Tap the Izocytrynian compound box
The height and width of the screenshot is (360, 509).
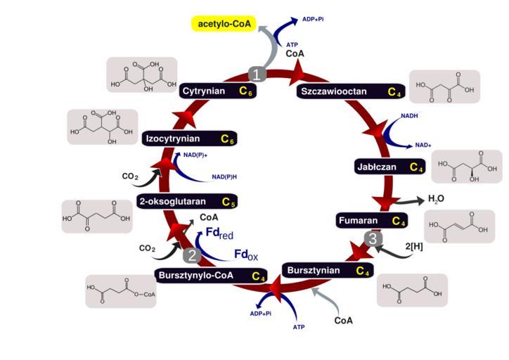[188, 139]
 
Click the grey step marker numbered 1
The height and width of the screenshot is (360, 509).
[258, 74]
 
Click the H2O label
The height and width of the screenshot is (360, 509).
[437, 200]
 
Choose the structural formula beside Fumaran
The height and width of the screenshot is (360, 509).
[459, 226]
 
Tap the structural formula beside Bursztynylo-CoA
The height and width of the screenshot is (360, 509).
[121, 290]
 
